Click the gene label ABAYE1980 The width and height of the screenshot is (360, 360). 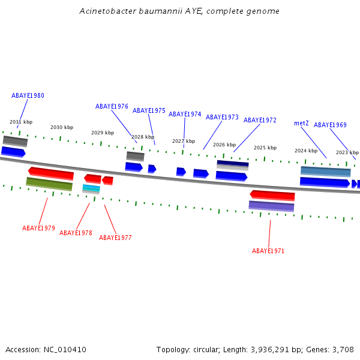click(28, 95)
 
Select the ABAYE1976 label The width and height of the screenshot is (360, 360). click(112, 106)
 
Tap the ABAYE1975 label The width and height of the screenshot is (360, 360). click(149, 110)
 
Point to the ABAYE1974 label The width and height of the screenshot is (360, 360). click(185, 114)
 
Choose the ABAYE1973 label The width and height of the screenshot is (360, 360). click(222, 117)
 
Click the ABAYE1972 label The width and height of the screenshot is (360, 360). click(260, 120)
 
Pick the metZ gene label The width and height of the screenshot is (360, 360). click(301, 123)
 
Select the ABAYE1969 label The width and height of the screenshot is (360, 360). click(330, 125)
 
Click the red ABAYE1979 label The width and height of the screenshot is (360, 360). click(38, 228)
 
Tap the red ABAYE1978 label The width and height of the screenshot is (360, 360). click(76, 233)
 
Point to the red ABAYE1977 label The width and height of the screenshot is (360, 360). click(115, 238)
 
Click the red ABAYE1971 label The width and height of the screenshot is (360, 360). click(268, 251)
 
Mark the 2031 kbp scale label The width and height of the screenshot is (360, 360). click(21, 122)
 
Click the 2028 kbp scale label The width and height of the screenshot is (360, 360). click(143, 137)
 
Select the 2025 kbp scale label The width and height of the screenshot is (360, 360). click(265, 148)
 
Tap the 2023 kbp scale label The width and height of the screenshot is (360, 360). click(347, 152)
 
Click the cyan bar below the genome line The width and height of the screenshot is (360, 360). click(91, 188)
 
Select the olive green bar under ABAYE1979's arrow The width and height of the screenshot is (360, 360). click(49, 184)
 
